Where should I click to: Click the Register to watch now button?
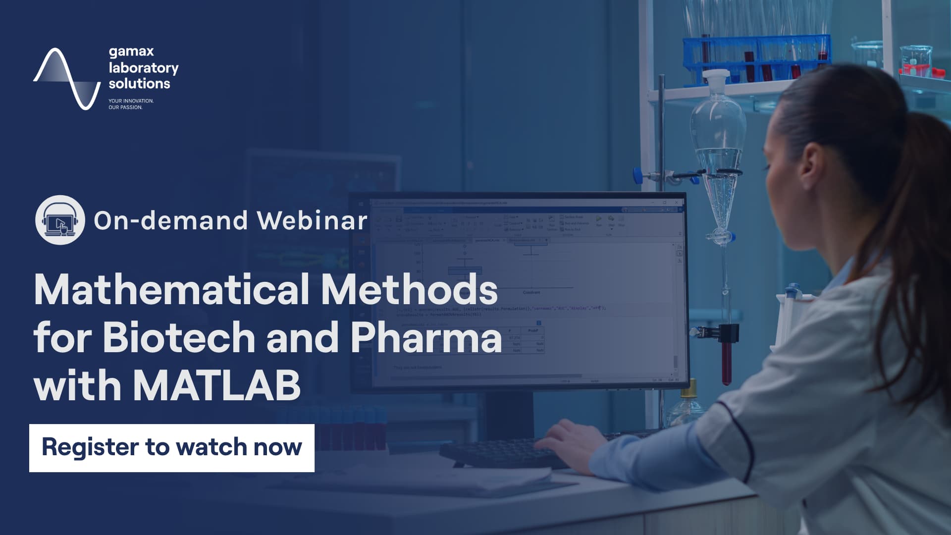[x=171, y=448]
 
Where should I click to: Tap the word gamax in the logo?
[x=131, y=52]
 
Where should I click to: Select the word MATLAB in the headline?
[x=216, y=385]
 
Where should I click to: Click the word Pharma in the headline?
[x=426, y=338]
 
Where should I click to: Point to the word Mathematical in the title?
[x=171, y=290]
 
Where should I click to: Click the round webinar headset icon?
[x=60, y=220]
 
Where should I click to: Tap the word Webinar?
[x=312, y=220]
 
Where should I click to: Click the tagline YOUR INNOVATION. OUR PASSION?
[x=131, y=104]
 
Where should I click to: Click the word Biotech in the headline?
[x=178, y=338]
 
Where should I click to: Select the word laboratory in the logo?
[x=144, y=67]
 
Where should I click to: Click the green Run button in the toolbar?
[x=599, y=218]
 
